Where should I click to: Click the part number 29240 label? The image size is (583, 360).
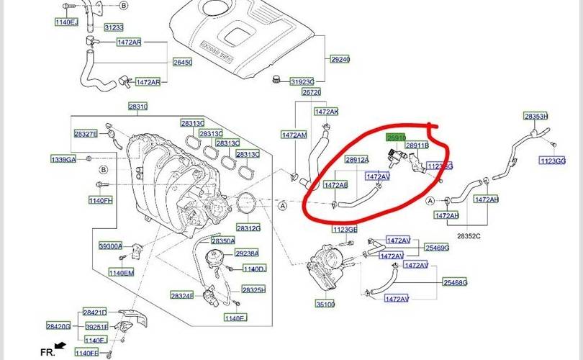pos(340,59)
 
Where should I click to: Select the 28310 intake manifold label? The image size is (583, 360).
pos(138,107)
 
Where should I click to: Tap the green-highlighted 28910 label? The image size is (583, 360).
pos(397,136)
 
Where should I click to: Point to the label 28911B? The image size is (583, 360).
pos(417,145)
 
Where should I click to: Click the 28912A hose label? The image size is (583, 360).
pos(357,160)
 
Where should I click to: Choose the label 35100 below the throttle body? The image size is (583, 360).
pos(325,305)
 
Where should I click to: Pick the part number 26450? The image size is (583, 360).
pos(182,63)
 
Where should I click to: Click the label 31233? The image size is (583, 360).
pos(114,27)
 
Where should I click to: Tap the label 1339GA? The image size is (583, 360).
pos(63,158)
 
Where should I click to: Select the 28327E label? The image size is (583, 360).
pos(86,134)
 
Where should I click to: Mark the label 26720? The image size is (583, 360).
pos(312,92)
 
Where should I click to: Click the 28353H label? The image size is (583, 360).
pos(535,116)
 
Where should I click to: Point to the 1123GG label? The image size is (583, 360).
pos(552,161)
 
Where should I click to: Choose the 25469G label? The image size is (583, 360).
pos(437,248)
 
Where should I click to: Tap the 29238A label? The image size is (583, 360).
pos(247,253)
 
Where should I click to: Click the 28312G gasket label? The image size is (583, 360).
pos(248,228)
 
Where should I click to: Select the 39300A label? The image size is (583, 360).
pos(111,246)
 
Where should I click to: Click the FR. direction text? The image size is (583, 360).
pos(48,351)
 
